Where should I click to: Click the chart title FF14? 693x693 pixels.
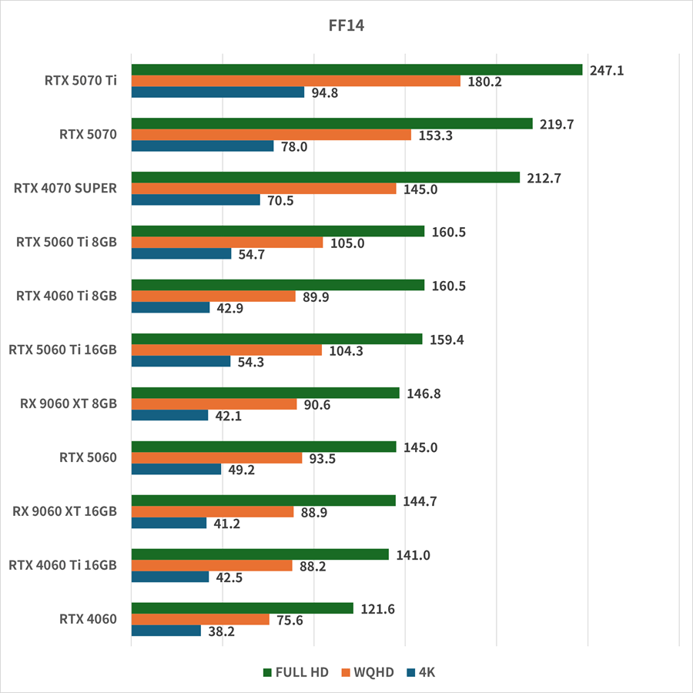pos(346,25)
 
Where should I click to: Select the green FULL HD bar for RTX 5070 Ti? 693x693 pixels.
pos(357,70)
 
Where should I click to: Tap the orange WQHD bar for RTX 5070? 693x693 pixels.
pos(271,135)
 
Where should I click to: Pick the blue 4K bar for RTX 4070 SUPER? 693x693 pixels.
pos(196,200)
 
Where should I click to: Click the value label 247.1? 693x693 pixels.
pos(606,70)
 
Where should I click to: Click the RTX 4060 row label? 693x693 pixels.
pos(88,619)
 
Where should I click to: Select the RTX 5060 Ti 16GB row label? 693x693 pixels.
pos(63,350)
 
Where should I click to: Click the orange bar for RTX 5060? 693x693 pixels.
pos(216,458)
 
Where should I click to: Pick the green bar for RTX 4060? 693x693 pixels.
pos(242,608)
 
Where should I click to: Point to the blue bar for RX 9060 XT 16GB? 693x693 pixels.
pos(169,524)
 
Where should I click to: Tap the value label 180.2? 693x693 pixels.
pos(484,82)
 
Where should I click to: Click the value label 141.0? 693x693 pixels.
pos(413,554)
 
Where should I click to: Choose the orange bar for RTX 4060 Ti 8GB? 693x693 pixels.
pos(213,296)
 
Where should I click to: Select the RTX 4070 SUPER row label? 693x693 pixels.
pos(65,188)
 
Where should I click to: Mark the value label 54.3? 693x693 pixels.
pos(251,362)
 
